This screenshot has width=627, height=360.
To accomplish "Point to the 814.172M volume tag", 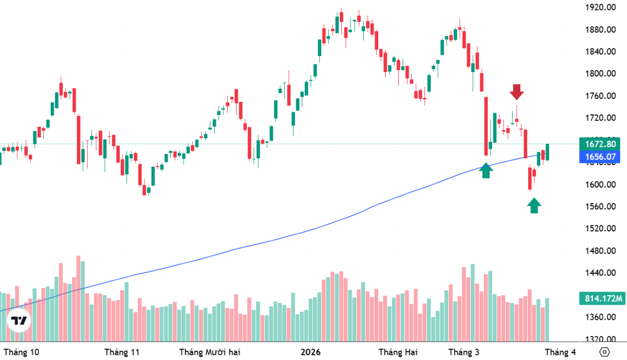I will click(x=601, y=299).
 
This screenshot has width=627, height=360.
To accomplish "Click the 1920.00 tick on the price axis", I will click(x=599, y=7).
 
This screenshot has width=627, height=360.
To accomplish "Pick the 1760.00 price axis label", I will click(x=599, y=96).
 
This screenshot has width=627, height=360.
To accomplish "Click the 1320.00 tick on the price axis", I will click(x=599, y=340).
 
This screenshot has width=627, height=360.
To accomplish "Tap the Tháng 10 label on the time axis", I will click(x=21, y=352).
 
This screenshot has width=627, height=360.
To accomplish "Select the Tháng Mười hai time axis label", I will click(x=211, y=352).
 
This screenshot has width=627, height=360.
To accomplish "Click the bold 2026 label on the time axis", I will click(x=311, y=352).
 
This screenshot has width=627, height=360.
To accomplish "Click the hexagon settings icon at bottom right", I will click(x=605, y=352).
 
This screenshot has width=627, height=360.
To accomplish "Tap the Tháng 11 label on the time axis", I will click(x=122, y=352).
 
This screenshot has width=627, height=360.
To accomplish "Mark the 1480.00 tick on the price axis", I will click(x=599, y=251).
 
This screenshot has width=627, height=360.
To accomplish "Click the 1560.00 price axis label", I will click(x=599, y=206).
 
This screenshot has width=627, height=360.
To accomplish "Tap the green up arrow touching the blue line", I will click(x=486, y=170).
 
